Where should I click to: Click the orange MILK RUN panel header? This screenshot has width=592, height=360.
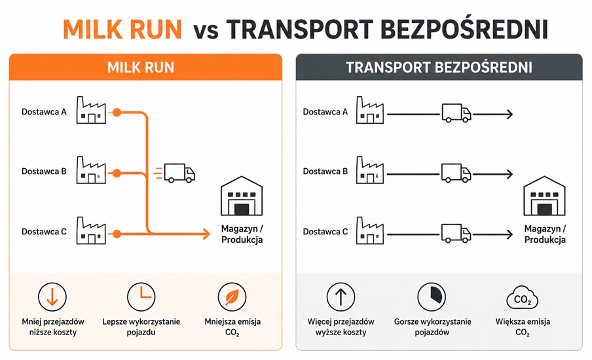[x=146, y=67]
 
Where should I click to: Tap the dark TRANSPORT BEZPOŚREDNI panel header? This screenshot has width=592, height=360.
[x=439, y=67]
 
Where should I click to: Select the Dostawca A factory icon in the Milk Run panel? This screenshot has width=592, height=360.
[x=91, y=110]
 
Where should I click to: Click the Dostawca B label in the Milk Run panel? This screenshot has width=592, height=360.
[x=44, y=171]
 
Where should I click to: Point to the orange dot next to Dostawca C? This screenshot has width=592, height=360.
[x=117, y=234]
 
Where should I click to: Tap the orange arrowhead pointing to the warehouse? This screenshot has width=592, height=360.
[x=206, y=234]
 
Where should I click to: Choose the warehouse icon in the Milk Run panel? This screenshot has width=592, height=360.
[x=242, y=196]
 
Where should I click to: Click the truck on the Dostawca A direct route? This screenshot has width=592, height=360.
[x=456, y=113]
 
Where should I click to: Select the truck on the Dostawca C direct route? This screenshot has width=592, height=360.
[x=456, y=233]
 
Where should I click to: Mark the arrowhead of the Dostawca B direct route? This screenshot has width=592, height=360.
[x=509, y=174]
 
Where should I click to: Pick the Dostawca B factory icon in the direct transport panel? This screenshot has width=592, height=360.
[x=370, y=170]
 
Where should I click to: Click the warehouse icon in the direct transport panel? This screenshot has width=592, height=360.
[x=544, y=196]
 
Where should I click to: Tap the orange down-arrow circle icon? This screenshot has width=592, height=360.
[x=52, y=297]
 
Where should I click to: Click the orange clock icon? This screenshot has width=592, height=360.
[x=141, y=297]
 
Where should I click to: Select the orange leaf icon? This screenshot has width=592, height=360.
[x=232, y=297]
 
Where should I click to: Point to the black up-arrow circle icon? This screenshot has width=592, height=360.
[x=341, y=297]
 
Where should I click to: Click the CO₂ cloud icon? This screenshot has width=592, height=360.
[x=523, y=298]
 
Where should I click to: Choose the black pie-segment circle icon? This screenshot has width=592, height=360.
[x=432, y=297]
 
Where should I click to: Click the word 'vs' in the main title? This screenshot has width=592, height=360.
[x=206, y=31]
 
